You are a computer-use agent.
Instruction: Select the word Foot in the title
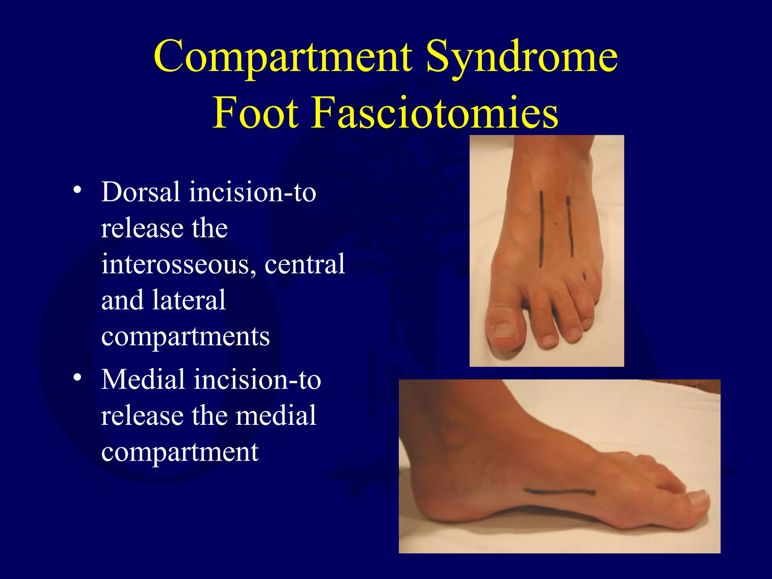[x=256, y=112]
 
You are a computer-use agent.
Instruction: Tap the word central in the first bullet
[x=305, y=264]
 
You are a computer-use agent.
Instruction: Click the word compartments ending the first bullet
[x=185, y=336]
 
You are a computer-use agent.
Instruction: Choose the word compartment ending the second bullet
[x=180, y=452]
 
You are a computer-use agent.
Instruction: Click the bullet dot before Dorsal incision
[x=77, y=190]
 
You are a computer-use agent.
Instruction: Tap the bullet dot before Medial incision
[x=77, y=377]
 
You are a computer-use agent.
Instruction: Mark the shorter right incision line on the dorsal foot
[x=570, y=226]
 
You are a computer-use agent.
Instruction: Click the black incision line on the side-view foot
[x=560, y=492]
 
